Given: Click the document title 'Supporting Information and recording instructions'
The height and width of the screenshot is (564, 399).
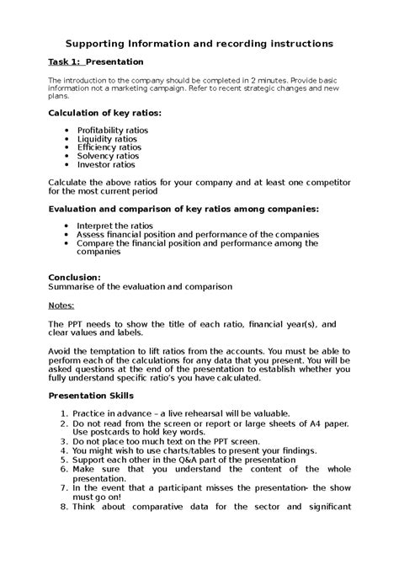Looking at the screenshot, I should (199, 42).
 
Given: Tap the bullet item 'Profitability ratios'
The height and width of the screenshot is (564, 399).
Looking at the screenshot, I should (112, 130).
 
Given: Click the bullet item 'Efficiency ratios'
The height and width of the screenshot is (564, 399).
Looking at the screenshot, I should (108, 148).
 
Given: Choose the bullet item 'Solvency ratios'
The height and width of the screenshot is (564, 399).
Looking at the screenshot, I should (106, 157).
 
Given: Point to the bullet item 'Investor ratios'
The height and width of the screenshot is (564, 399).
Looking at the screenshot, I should (105, 166).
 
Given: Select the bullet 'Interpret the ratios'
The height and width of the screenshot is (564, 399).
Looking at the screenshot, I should (114, 226).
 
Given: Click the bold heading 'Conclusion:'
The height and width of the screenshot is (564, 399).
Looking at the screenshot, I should (74, 276).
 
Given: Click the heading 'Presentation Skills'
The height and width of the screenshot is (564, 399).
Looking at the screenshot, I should (91, 396).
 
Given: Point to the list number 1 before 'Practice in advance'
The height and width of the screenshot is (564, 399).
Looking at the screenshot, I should (64, 413).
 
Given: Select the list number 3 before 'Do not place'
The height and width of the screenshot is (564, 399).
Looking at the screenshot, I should (64, 441).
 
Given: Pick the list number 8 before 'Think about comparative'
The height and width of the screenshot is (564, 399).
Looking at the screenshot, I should (64, 506).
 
